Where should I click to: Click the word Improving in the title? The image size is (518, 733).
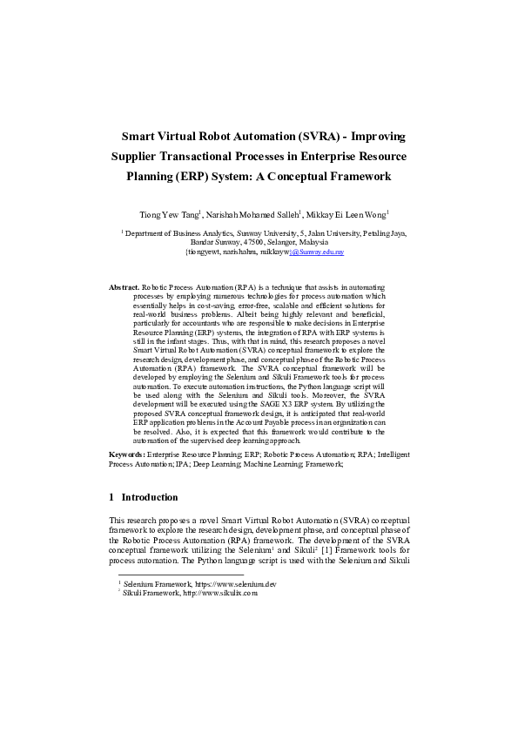point(372,137)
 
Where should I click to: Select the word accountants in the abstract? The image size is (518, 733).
point(209,324)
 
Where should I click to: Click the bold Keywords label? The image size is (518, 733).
point(127,454)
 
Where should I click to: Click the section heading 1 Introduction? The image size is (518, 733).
point(144,497)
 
